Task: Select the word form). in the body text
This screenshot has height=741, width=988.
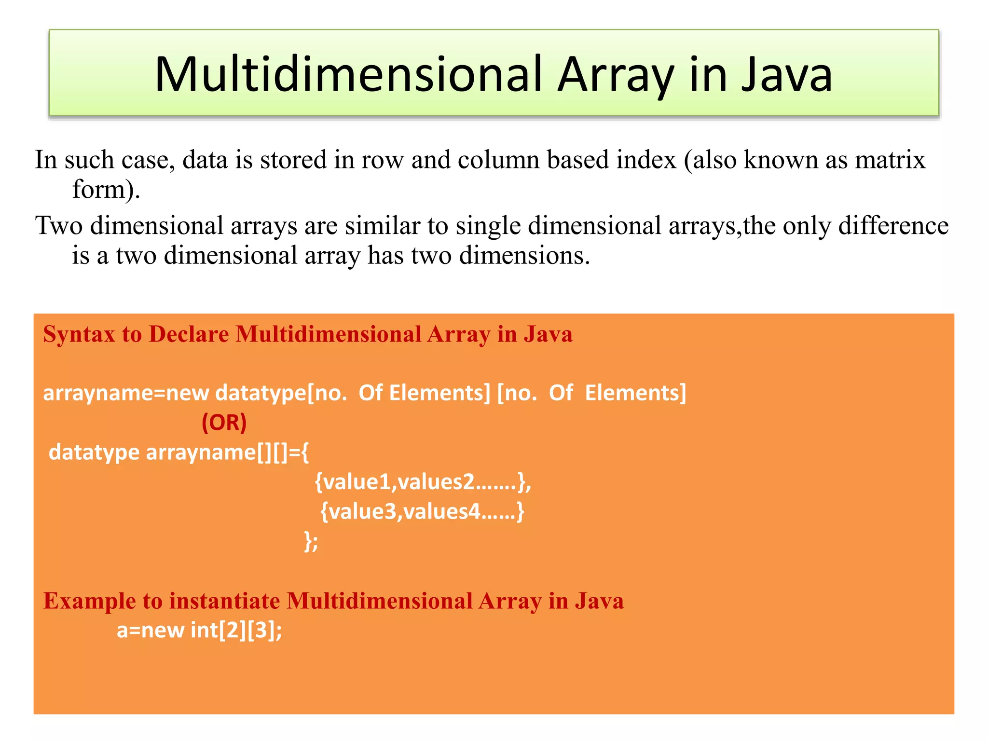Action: pos(106,189)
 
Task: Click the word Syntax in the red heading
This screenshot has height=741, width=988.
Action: pos(79,334)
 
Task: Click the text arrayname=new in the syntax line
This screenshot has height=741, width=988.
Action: pos(126,393)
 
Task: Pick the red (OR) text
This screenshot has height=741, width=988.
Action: pos(224,423)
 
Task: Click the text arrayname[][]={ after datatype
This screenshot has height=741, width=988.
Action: pos(227,453)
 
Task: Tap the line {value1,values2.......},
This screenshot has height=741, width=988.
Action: pos(423,481)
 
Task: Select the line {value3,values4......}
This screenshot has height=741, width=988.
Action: pos(422,511)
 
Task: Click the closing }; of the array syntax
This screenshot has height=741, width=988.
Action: pos(311,541)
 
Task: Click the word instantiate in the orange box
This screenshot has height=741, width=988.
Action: pos(224,601)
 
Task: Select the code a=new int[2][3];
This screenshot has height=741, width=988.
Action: pos(199,631)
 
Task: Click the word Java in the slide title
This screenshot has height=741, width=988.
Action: pos(786,75)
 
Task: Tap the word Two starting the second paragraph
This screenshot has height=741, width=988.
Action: pos(59,226)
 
